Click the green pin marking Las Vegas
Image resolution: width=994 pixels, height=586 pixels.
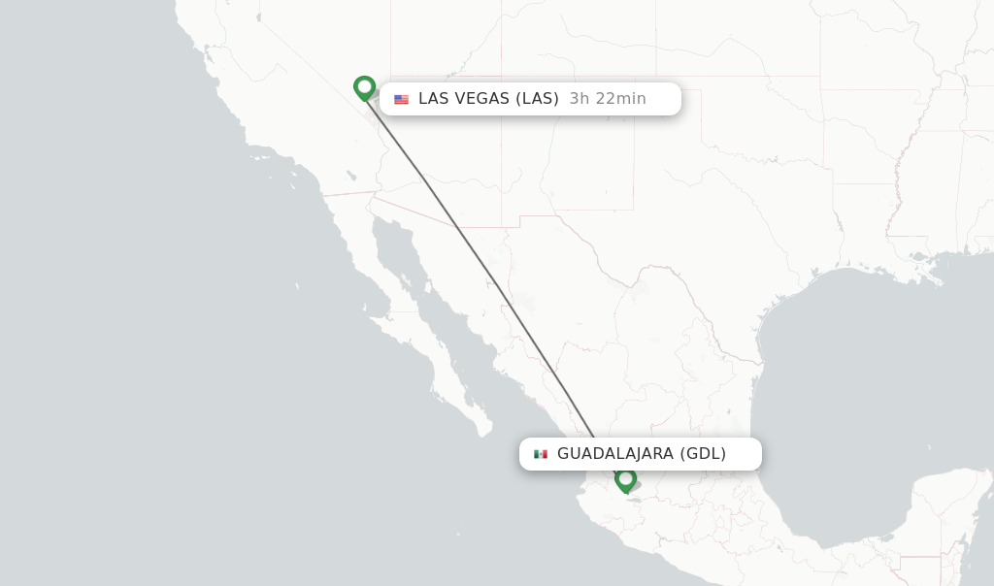tap(364, 88)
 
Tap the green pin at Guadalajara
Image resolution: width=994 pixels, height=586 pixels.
tap(625, 479)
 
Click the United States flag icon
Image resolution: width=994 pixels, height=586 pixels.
tap(401, 99)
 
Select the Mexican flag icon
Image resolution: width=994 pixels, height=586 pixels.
tap(541, 454)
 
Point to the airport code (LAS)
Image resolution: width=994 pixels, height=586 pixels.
tap(537, 98)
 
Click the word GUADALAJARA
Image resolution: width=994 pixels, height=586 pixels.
tap(614, 453)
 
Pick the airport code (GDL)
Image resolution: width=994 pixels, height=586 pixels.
tap(703, 453)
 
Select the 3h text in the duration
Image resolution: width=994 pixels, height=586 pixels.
tap(579, 98)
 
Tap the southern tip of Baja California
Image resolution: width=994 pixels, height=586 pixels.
tap(481, 428)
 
